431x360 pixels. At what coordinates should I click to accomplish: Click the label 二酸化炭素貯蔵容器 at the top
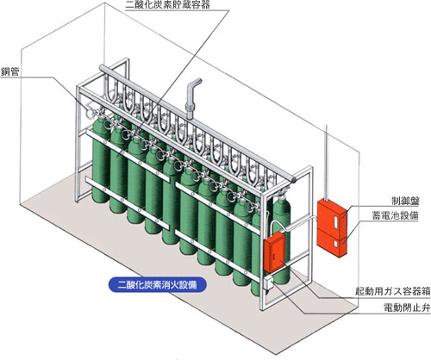click(x=168, y=4)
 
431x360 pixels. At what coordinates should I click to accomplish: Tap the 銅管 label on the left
click(x=10, y=71)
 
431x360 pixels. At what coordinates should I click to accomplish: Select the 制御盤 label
click(x=405, y=201)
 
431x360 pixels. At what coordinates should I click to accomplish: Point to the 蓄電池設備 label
click(x=396, y=215)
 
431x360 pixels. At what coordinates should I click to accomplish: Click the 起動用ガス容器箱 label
click(x=393, y=291)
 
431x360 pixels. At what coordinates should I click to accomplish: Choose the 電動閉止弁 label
click(x=407, y=307)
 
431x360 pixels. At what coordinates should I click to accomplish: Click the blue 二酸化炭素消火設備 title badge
click(x=158, y=285)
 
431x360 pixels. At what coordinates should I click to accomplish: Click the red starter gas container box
click(x=274, y=251)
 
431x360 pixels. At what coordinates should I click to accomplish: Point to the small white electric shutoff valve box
click(x=269, y=283)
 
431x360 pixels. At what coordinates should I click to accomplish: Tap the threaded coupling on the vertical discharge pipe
click(x=190, y=109)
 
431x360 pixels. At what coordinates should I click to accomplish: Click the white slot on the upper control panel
click(x=335, y=224)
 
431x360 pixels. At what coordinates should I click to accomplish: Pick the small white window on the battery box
click(x=335, y=245)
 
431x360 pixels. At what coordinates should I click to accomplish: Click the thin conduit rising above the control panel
click(x=326, y=163)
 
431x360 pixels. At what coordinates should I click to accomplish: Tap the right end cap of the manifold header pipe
click(x=293, y=179)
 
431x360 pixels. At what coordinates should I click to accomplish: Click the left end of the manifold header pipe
click(x=102, y=68)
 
